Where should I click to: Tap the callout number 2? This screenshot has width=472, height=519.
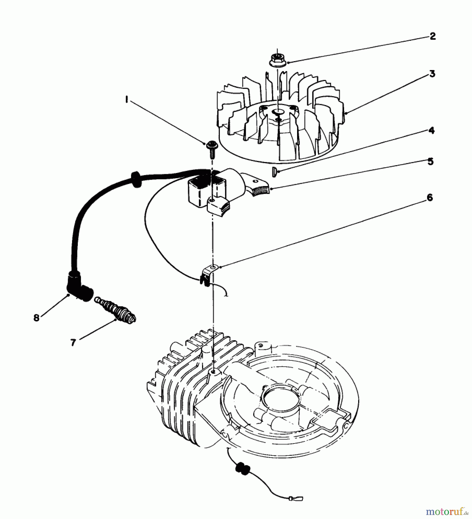tap(433, 37)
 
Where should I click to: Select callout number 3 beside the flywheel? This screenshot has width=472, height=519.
tap(432, 74)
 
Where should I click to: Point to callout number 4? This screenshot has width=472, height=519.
tap(431, 131)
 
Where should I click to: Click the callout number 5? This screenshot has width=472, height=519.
tap(430, 161)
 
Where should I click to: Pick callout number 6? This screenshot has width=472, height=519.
tap(429, 198)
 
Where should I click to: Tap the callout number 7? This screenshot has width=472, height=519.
tap(73, 342)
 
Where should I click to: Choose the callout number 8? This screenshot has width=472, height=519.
tap(36, 318)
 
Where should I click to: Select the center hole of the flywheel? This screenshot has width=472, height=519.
tap(278, 111)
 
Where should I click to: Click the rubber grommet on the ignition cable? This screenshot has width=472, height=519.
tap(134, 178)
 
